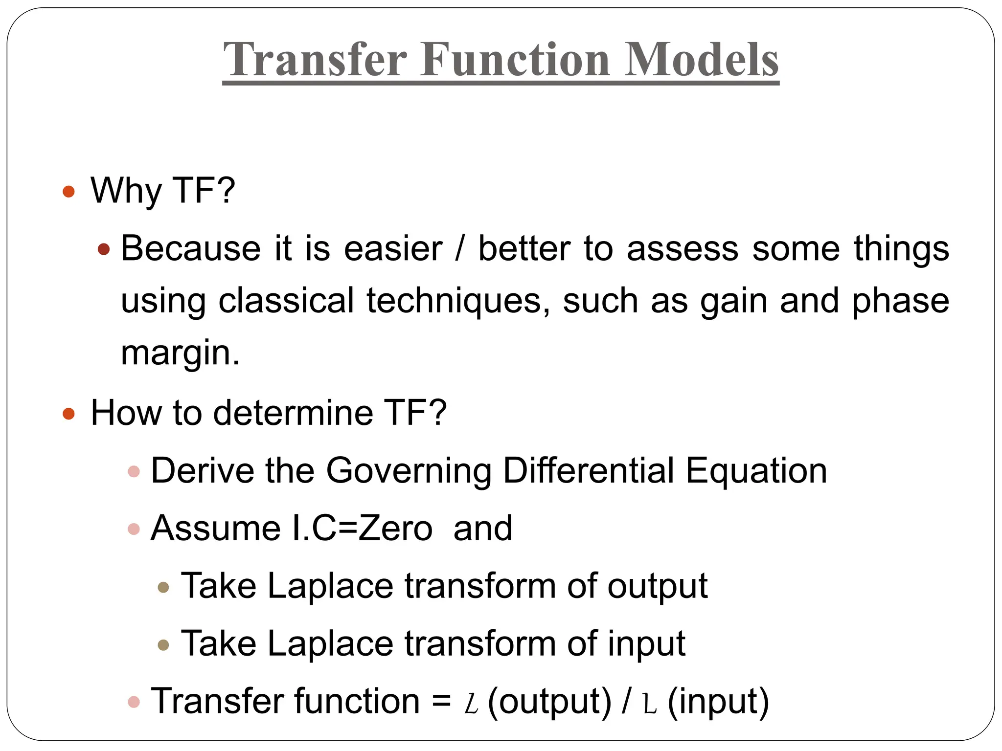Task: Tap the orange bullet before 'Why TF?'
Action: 69,191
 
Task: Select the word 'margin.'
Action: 180,353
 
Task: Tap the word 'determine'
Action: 293,413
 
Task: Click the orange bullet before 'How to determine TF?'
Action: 69,414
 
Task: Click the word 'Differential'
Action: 589,470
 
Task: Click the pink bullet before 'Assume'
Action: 134,529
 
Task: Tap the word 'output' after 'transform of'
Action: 657,586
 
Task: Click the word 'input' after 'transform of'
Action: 646,643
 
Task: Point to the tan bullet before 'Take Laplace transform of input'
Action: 163,645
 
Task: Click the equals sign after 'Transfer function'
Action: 441,701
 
